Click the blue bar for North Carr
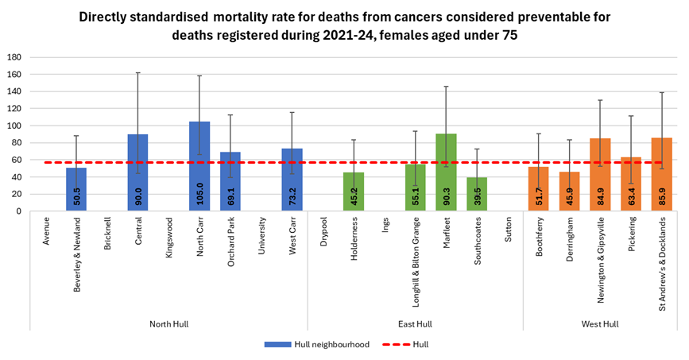pos(199,167)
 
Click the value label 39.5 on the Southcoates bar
pos(478,196)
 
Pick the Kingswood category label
pos(169,238)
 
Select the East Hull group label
pos(415,323)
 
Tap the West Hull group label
pos(600,323)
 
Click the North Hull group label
pos(169,323)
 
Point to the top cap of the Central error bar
pos(138,73)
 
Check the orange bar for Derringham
pos(570,192)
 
